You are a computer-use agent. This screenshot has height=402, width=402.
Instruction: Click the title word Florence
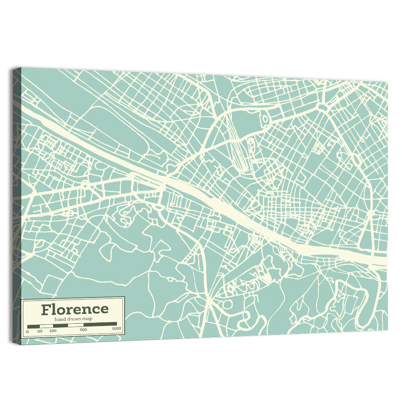point(75,309)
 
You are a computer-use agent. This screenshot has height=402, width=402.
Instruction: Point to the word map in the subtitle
point(87,319)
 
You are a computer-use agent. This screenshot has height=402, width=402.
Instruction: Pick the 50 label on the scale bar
point(39,331)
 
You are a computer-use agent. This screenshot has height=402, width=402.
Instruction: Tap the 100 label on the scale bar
point(53,331)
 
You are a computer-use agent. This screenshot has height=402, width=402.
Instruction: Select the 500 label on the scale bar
point(83,330)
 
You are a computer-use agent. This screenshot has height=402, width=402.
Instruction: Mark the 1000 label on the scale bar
point(116,329)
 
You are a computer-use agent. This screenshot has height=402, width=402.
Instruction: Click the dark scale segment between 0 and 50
point(33,326)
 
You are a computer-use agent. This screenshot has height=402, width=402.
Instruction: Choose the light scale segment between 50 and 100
point(46,325)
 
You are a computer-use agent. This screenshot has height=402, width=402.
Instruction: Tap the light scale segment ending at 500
point(75,324)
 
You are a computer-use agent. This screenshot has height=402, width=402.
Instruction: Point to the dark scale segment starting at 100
point(60,325)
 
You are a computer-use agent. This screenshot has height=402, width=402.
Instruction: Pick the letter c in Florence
point(95,310)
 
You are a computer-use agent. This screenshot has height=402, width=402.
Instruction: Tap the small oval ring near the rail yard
point(265,119)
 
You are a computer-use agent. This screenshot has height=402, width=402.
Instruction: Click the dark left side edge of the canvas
point(16,201)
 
